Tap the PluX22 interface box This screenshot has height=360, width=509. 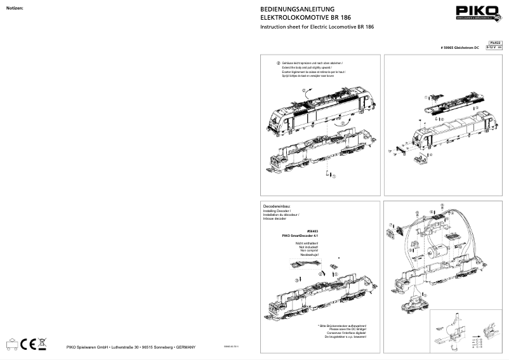click(x=494, y=42)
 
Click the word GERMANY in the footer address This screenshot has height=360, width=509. click(x=186, y=347)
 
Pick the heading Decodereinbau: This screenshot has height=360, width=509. click(x=277, y=207)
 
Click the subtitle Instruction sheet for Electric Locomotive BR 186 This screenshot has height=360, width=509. click(x=317, y=27)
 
